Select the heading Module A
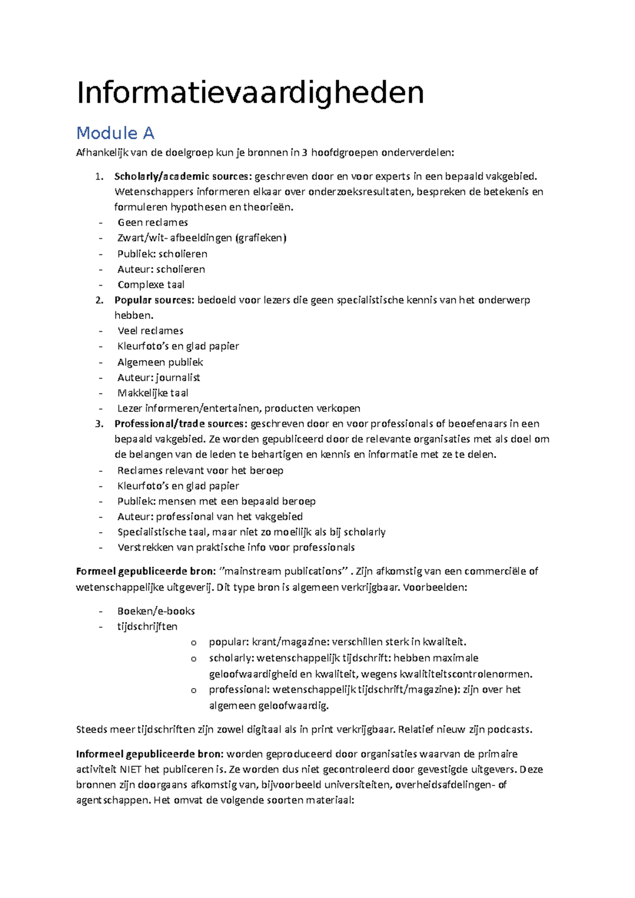[115, 133]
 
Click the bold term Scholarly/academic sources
[183, 176]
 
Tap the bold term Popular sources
[154, 300]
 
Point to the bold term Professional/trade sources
[180, 424]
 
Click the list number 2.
[99, 300]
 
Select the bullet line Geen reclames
[152, 223]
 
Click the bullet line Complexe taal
[151, 285]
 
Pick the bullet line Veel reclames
[150, 331]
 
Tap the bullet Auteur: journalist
[159, 378]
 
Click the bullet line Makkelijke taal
[152, 393]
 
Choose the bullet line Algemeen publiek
[160, 362]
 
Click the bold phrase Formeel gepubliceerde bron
[145, 571]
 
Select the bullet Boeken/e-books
[156, 611]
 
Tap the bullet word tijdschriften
[147, 626]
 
